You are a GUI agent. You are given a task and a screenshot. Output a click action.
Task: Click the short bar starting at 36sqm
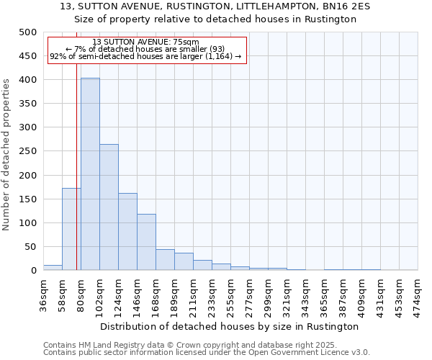53,267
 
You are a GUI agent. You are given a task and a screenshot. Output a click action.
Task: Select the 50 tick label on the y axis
30,247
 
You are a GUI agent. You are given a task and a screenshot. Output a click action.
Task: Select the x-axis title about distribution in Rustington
230,326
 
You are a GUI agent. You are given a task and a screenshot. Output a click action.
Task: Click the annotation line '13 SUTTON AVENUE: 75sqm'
146,42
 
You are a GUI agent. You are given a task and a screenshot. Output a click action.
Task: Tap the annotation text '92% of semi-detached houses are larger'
146,57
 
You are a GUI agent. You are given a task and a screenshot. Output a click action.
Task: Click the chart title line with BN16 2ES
216,6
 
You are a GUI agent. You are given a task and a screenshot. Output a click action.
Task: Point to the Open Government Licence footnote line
207,353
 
